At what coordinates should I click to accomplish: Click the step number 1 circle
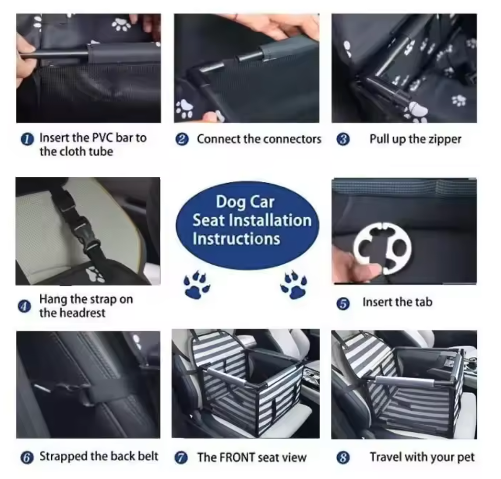click(27, 139)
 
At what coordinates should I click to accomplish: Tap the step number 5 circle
click(344, 303)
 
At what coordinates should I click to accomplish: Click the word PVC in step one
click(103, 138)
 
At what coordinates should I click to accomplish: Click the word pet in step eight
click(466, 458)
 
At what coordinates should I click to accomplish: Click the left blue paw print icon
click(196, 285)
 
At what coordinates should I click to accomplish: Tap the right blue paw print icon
click(294, 285)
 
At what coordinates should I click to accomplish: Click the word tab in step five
click(423, 302)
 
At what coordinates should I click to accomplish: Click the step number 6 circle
click(27, 458)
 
